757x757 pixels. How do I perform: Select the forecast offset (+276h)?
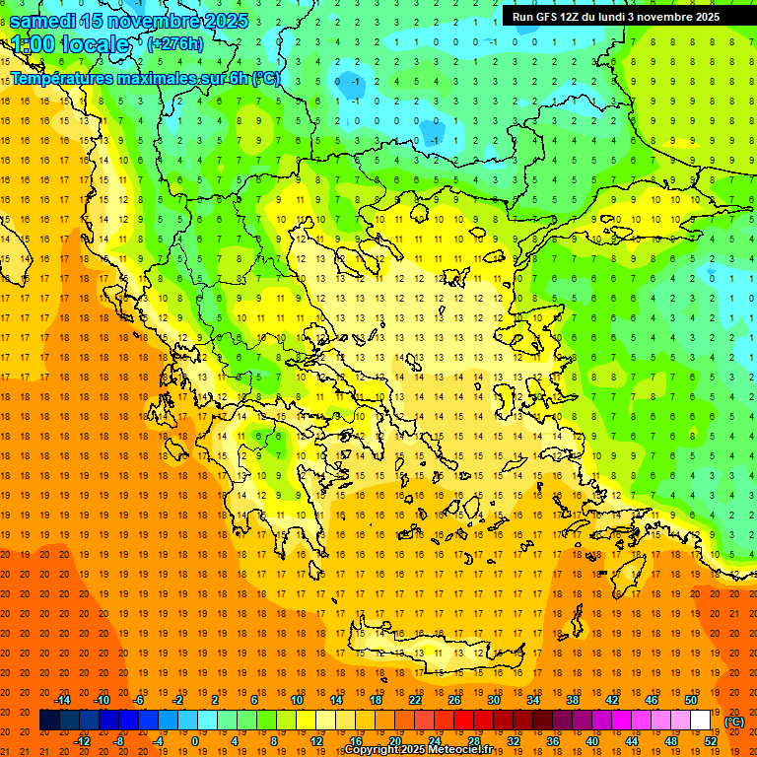click(175, 43)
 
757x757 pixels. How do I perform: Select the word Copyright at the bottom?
click(371, 750)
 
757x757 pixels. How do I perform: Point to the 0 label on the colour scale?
click(196, 741)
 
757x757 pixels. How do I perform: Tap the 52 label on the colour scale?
click(710, 741)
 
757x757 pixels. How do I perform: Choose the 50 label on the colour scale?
click(690, 700)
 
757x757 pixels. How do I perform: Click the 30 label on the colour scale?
click(493, 700)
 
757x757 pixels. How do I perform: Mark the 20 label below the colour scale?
click(394, 741)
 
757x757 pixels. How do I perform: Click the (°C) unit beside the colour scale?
click(734, 722)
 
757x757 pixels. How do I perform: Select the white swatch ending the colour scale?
click(700, 721)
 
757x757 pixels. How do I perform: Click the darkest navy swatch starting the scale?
click(49, 721)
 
